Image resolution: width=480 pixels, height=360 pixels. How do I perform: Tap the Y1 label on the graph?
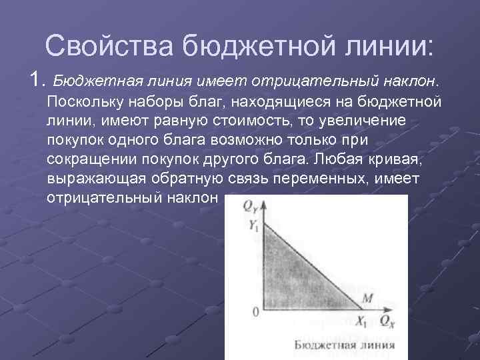[x=253, y=226]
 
